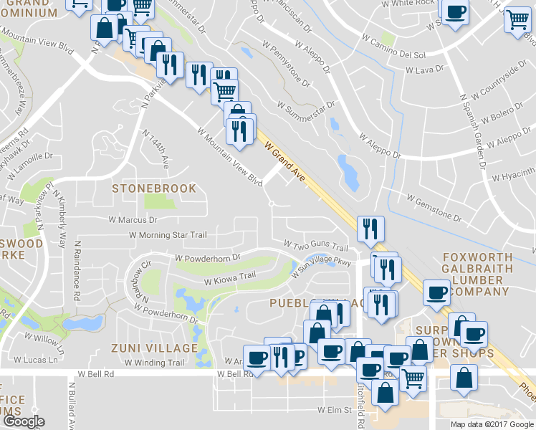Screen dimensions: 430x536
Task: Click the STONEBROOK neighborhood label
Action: coord(154,188)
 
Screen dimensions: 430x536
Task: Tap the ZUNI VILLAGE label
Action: coord(154,348)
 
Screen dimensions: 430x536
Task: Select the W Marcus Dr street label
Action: coord(133,220)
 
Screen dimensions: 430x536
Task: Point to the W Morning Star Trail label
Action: coord(168,235)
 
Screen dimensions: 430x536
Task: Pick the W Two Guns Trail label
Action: coord(316,246)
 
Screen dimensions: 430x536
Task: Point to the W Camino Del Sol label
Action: coord(393,45)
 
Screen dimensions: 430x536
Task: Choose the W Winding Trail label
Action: coord(154,363)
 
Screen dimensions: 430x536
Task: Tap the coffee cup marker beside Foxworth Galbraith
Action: coord(436,292)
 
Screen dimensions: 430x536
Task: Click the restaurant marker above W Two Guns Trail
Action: coord(370,229)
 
